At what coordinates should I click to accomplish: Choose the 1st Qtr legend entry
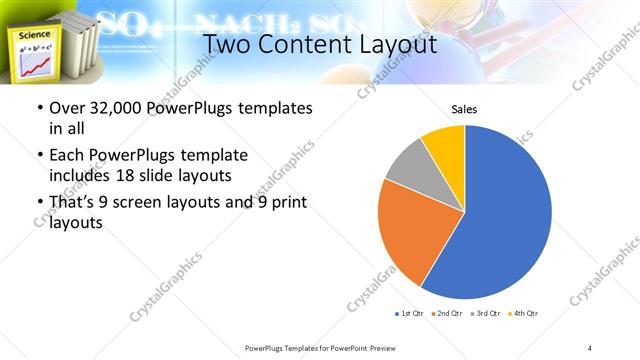click(x=410, y=314)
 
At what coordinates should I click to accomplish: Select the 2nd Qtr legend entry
click(x=448, y=314)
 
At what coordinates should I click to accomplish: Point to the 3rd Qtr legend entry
click(x=486, y=314)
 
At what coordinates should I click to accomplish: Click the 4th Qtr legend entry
click(x=524, y=314)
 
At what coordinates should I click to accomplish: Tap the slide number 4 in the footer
click(x=590, y=347)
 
